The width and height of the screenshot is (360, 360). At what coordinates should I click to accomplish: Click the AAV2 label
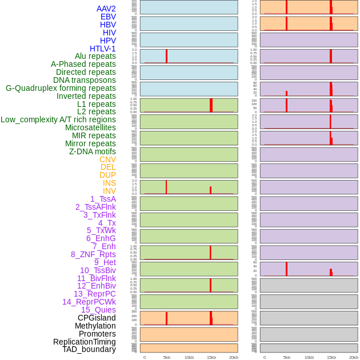click(106, 9)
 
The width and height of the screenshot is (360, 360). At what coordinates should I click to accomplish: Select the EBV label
click(108, 17)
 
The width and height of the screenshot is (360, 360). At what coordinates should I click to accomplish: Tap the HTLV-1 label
click(103, 49)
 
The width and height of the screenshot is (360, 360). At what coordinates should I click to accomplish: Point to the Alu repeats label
click(95, 56)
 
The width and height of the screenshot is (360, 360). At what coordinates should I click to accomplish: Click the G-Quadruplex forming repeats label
click(61, 88)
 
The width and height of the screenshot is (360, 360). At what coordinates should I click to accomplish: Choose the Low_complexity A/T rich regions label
click(58, 119)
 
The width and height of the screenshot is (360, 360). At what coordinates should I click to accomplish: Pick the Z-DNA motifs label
click(93, 151)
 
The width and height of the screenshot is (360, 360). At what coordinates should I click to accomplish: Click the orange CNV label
click(107, 159)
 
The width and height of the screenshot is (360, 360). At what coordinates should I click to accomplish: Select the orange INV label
click(109, 191)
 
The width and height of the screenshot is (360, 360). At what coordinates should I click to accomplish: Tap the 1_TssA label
click(103, 199)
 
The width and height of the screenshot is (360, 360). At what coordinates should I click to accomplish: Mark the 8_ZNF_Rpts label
click(93, 254)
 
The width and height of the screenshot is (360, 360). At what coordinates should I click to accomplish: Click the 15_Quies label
click(98, 310)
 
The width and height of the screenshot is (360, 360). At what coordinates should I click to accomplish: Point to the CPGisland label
click(97, 318)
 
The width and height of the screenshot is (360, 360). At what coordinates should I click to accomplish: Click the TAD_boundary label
click(89, 349)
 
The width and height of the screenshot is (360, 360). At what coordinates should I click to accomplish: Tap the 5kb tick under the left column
click(167, 357)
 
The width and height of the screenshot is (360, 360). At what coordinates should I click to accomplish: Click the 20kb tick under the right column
click(354, 357)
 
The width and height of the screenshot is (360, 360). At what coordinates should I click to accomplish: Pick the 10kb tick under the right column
click(309, 357)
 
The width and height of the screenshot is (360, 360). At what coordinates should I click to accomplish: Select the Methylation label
click(95, 326)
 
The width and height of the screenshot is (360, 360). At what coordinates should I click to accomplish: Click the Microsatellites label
click(90, 127)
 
